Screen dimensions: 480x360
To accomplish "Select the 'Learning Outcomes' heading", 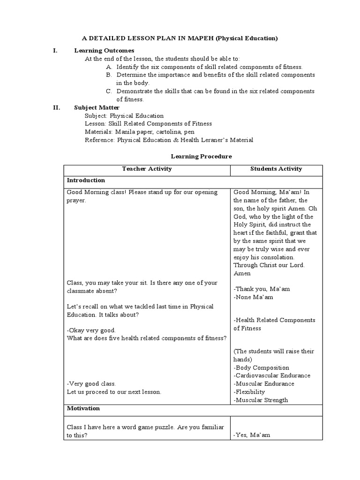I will (x=104, y=51).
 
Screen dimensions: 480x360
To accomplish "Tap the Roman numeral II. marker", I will (x=56, y=107).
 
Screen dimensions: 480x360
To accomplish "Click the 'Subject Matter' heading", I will (x=97, y=107).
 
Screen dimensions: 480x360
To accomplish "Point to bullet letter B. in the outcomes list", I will (x=109, y=75).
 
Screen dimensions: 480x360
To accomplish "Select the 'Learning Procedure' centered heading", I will (x=201, y=156).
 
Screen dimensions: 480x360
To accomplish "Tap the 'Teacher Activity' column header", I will (x=147, y=169).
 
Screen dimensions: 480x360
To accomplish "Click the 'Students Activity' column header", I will (x=276, y=169).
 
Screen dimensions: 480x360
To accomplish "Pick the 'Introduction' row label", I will (x=86, y=180).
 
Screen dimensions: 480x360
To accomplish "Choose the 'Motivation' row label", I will (x=83, y=408).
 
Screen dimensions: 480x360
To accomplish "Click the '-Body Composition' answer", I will (x=261, y=368).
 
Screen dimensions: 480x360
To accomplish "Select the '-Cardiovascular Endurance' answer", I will (x=272, y=376).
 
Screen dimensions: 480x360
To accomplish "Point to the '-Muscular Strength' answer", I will (x=261, y=400).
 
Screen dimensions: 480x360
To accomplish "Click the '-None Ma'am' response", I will (x=253, y=297).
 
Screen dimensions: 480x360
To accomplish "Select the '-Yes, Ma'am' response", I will (x=252, y=435).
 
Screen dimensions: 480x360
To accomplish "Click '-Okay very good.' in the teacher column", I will (x=91, y=330).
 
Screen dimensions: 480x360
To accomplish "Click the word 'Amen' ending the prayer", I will (x=242, y=273).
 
